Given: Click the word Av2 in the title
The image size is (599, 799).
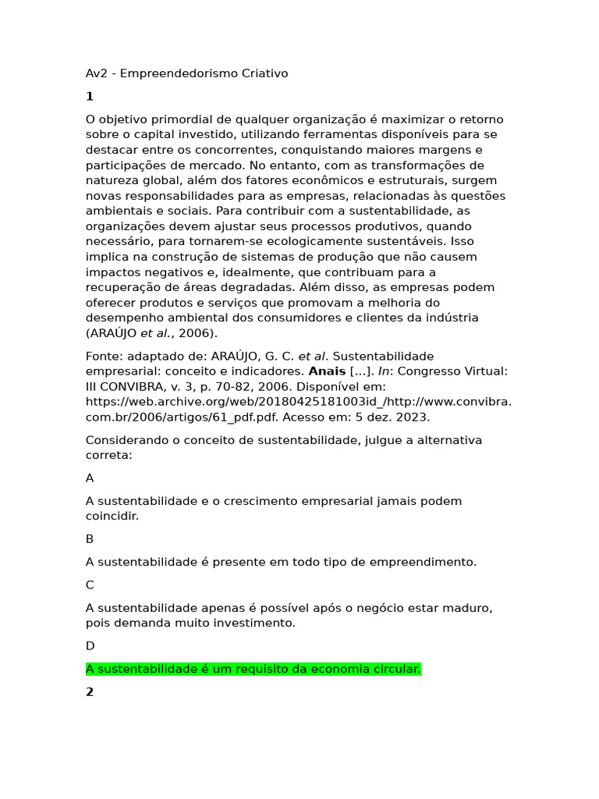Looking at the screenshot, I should click(x=96, y=73).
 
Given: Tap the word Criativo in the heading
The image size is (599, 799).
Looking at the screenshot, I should click(x=264, y=73).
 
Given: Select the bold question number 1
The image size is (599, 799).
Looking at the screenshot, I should click(x=90, y=97).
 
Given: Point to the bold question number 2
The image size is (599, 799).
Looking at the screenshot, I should click(x=90, y=692).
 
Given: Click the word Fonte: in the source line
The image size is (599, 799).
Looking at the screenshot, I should click(x=104, y=356).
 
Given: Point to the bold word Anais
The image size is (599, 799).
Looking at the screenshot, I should click(x=327, y=371).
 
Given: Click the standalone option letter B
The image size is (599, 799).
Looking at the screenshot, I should click(x=90, y=539).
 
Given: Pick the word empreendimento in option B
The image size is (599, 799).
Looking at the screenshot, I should click(x=430, y=562).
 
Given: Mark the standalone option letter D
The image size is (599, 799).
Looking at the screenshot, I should click(x=90, y=646).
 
